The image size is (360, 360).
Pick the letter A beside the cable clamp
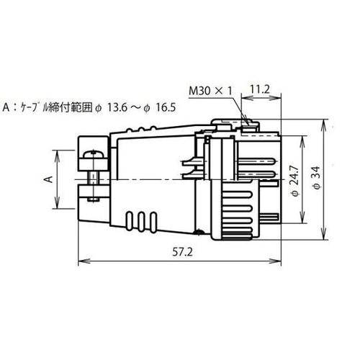pos(49,177)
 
